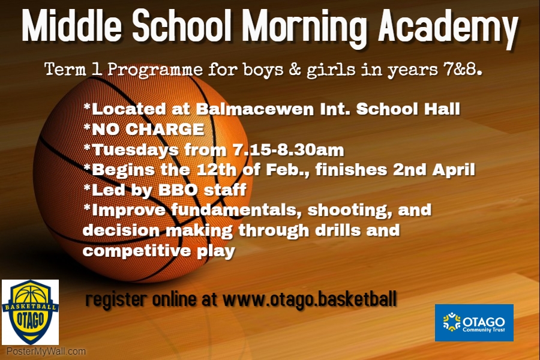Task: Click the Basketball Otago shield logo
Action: [x=31, y=312]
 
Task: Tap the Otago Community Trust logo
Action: [x=474, y=322]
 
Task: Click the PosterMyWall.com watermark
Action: [x=46, y=352]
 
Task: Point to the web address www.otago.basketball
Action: [x=310, y=299]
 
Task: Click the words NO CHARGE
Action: [x=148, y=129]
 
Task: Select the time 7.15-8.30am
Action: [x=288, y=150]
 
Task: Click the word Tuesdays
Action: [x=136, y=151]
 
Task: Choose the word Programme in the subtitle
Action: [x=155, y=71]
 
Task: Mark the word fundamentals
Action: [x=234, y=210]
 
